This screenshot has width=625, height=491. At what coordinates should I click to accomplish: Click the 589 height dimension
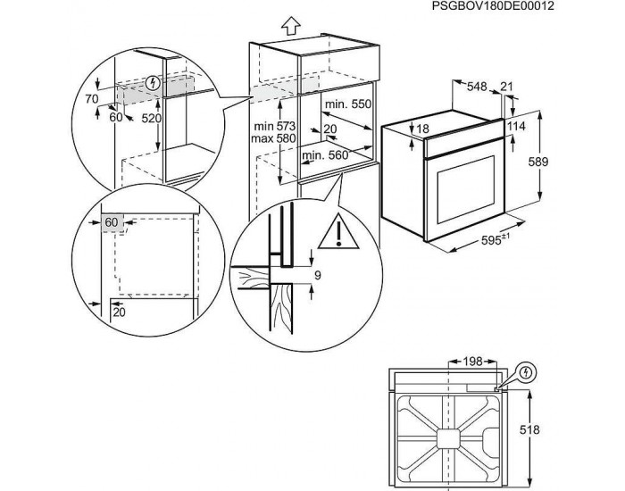pyautogui.click(x=561, y=163)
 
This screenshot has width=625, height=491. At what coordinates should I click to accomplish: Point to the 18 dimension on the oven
pyautogui.click(x=422, y=130)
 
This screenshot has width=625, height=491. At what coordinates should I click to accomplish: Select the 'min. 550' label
pyautogui.click(x=346, y=104)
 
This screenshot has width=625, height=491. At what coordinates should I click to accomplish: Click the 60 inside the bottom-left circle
pyautogui.click(x=112, y=221)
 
